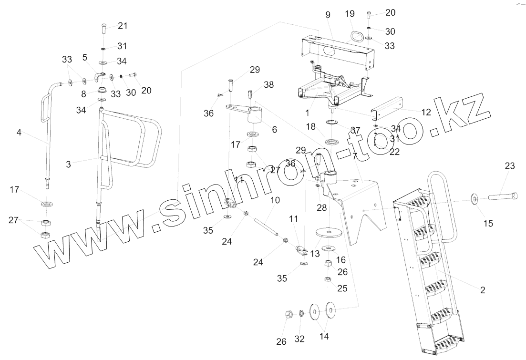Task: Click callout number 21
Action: pos(123,25)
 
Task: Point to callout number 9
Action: pos(328,15)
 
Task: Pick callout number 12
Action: pos(426,113)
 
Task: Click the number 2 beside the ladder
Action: pos(483,289)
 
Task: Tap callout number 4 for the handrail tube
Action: pos(19,133)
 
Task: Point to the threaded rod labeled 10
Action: pos(265,226)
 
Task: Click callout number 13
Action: pos(315,255)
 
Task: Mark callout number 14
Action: pos(324,336)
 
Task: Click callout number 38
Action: pos(269,84)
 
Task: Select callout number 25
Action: pos(343,288)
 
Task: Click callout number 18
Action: pos(311,126)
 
